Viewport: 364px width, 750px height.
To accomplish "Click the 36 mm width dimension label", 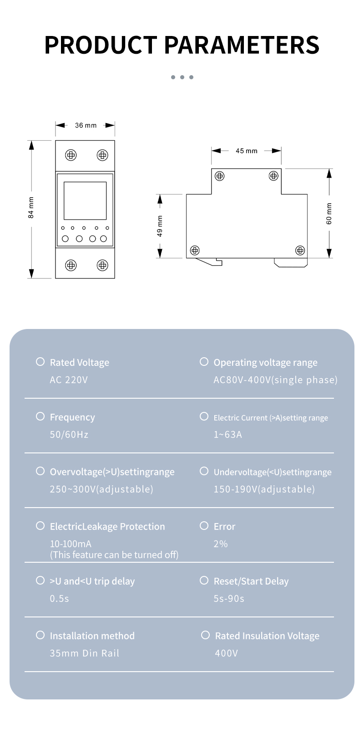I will pos(86,125).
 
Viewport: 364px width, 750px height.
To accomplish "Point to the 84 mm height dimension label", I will pos(31,208).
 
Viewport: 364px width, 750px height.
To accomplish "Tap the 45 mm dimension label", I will pos(246,151).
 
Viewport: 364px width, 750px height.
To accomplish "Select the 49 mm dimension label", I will pos(160,226).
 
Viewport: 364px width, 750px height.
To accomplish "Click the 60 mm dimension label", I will pos(329,214).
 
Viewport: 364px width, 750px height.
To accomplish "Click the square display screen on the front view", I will pos(85,200).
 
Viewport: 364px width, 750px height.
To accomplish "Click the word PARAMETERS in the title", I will pos(242,45).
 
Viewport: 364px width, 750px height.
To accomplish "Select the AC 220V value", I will pos(69,380).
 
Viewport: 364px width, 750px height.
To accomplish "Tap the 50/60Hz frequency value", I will pos(69,435).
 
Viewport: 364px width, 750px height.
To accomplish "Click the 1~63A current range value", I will pos(228,435).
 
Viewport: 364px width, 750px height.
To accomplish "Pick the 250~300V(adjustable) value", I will pos(101,489).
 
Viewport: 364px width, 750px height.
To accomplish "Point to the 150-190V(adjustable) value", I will pos(264,489).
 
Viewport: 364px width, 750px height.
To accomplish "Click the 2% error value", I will pos(221,544).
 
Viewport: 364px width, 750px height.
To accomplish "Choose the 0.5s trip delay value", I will pos(60,599).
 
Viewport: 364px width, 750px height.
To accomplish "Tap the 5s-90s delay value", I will pos(229,599).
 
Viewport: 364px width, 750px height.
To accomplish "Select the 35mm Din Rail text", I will pos(85,653).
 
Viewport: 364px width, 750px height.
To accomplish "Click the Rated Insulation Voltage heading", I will pos(267,636).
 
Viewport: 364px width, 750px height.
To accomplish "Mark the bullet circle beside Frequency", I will pos(40,416).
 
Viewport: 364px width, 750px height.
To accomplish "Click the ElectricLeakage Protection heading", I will pos(107,527).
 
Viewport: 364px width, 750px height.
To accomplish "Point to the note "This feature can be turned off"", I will pos(114,555).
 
